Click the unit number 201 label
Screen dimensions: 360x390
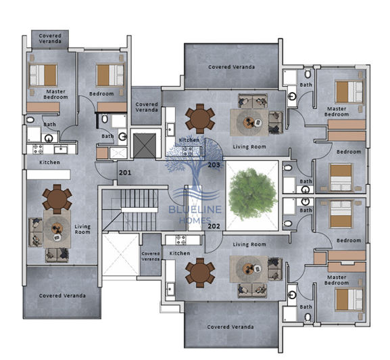(125, 173)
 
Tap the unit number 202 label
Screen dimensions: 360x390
(214, 226)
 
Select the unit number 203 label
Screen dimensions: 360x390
(214, 164)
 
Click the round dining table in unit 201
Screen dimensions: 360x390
(57, 199)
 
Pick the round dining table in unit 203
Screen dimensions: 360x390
(200, 118)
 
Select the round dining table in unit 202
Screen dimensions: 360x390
(200, 272)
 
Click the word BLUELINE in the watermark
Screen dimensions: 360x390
(195, 210)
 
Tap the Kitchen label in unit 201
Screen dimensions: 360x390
(49, 162)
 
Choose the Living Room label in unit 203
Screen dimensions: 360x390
(249, 146)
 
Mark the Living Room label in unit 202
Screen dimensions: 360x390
(249, 244)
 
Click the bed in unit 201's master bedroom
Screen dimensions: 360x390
(42, 75)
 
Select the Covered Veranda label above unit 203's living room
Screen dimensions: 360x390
(231, 67)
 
